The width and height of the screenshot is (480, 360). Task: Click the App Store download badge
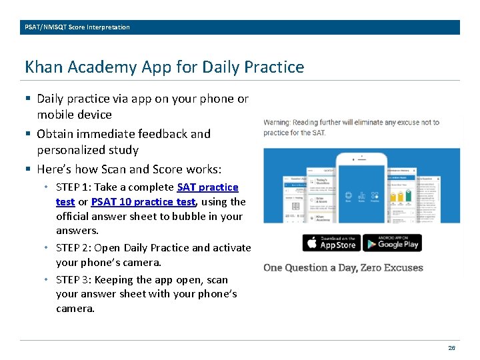tap(331, 243)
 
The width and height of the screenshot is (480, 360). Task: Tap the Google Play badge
tap(393, 243)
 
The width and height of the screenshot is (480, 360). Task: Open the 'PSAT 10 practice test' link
tap(143, 201)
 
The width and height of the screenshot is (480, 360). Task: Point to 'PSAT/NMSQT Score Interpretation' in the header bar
tap(77, 27)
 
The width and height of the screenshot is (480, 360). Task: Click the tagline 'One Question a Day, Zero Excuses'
tap(343, 268)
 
